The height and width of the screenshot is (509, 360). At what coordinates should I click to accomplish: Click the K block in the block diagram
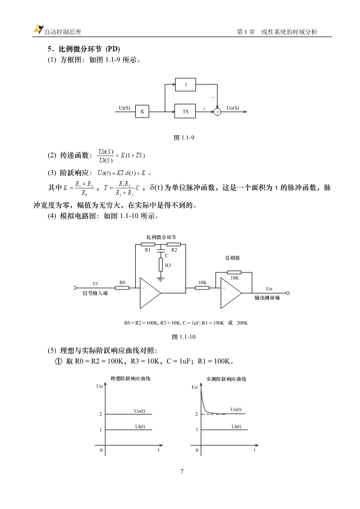(x=142, y=111)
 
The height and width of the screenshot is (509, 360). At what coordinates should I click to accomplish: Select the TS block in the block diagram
(x=185, y=111)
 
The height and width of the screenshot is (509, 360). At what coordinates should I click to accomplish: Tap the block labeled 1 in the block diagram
(x=185, y=84)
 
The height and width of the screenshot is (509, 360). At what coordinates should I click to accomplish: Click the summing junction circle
(x=217, y=112)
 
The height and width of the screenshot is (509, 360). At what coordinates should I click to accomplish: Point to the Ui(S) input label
(x=124, y=108)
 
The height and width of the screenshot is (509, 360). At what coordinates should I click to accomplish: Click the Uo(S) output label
(x=233, y=108)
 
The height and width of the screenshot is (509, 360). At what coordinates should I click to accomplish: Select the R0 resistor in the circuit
(x=122, y=287)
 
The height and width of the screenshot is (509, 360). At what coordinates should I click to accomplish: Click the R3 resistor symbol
(x=161, y=265)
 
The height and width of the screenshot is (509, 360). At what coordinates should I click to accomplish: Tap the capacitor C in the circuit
(x=161, y=250)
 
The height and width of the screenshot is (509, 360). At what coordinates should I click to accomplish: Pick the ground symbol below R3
(x=161, y=279)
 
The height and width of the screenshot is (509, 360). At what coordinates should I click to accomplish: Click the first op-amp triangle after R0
(x=150, y=293)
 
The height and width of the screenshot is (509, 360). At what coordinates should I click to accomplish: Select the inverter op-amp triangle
(x=231, y=293)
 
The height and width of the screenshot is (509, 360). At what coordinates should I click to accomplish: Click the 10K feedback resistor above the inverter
(x=234, y=272)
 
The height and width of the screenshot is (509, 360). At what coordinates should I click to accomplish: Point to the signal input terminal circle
(x=75, y=287)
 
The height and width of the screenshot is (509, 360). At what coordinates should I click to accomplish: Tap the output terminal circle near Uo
(x=287, y=293)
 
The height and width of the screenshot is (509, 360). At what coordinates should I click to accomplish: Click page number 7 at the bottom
(x=182, y=471)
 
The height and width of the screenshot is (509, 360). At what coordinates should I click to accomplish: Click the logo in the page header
(x=38, y=29)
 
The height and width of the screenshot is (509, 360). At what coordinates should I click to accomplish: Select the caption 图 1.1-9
(x=184, y=138)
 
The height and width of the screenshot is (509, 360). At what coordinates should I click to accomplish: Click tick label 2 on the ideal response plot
(x=100, y=414)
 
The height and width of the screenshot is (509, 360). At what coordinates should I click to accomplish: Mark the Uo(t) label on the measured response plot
(x=236, y=410)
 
